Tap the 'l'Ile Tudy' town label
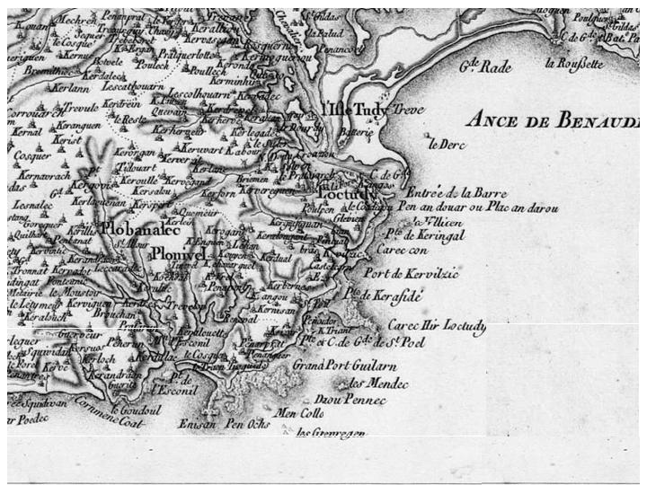pos(353,110)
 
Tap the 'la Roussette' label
pos(575,63)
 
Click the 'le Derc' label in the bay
pos(444,143)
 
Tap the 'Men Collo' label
pos(299,413)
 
